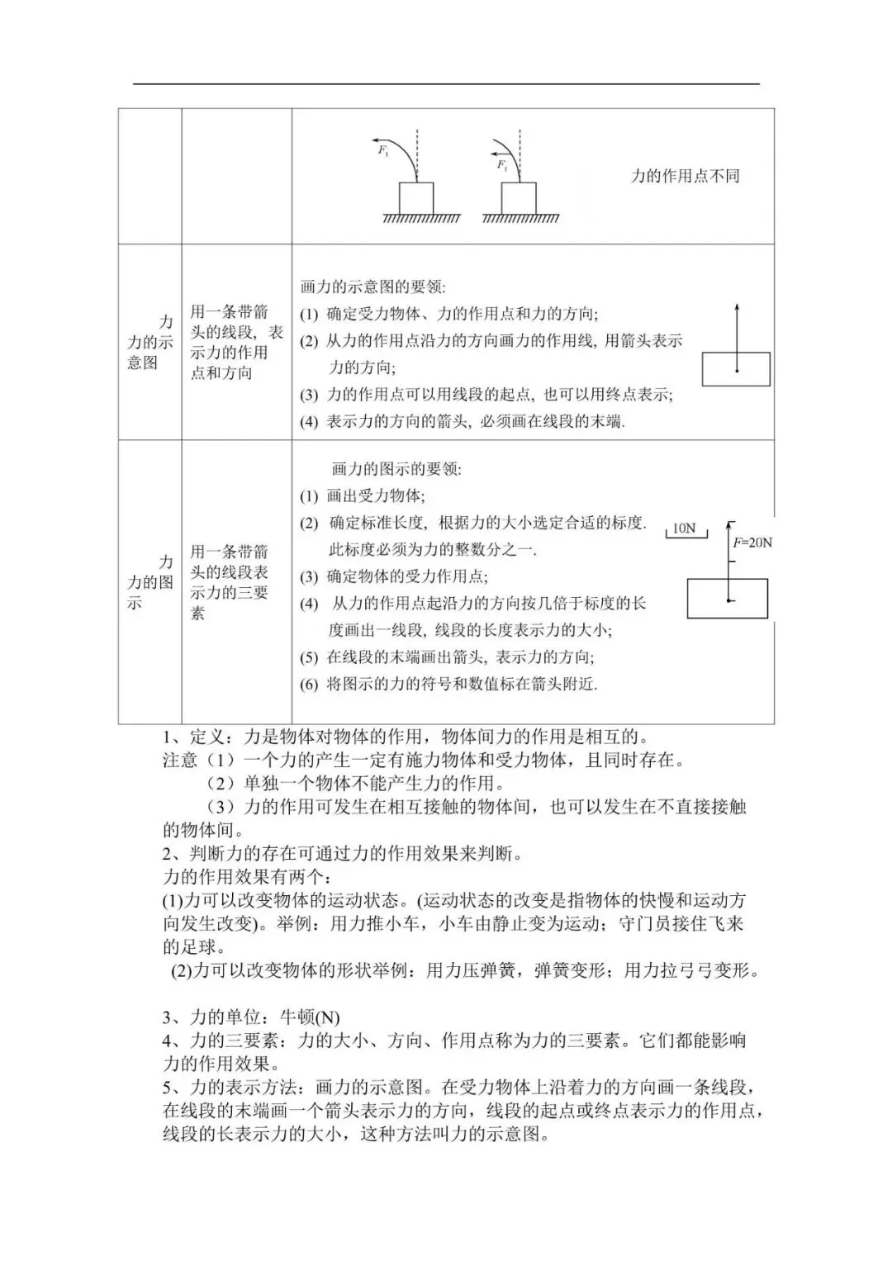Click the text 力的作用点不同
[685, 176]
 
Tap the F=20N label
[752, 543]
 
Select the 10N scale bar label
[684, 529]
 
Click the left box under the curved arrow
[416, 198]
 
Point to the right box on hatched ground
[519, 198]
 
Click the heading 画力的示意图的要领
[373, 287]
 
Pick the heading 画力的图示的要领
[396, 469]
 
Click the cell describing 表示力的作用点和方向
[236, 342]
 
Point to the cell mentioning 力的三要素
[230, 582]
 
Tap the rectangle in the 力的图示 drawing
[727, 599]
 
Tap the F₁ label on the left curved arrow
[383, 150]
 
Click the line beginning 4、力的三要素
[454, 1041]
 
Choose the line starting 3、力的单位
[251, 1017]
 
